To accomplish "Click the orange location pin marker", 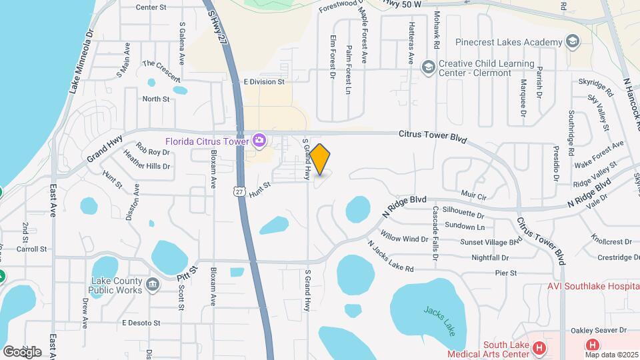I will (x=320, y=159).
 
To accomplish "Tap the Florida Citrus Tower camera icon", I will (x=259, y=141).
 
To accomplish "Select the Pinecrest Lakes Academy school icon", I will (x=571, y=42).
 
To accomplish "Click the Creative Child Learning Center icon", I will (x=428, y=67).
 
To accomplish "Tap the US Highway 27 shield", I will (x=239, y=191).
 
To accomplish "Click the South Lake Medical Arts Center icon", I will (x=539, y=347).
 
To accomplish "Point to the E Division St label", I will (x=264, y=81).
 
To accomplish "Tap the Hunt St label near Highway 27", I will (x=260, y=190).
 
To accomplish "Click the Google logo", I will (x=21, y=351).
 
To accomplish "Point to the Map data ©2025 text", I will (x=611, y=355).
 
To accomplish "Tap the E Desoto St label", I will (x=141, y=323).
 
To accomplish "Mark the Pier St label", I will (x=506, y=273).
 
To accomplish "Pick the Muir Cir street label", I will (x=474, y=196).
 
